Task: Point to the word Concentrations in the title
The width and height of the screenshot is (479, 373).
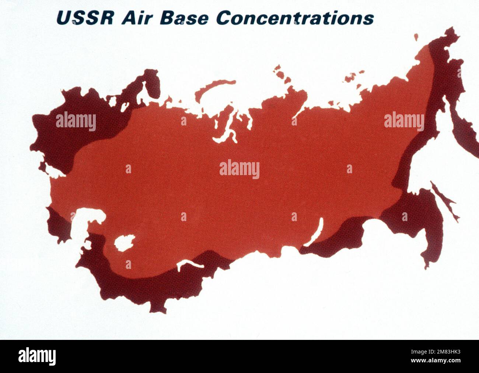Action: coord(295,18)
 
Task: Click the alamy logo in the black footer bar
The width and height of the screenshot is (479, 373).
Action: coord(37,356)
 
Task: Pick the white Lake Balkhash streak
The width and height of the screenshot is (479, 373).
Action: coord(189,264)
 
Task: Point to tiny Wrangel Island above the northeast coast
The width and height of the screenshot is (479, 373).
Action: coord(416,37)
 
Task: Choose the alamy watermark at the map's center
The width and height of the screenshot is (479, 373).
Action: coord(239,169)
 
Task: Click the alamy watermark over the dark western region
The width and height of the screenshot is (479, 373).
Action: coord(76,121)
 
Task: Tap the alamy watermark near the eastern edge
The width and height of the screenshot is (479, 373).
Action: coord(404,121)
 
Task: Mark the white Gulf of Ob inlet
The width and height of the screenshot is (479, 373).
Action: coord(230,131)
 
